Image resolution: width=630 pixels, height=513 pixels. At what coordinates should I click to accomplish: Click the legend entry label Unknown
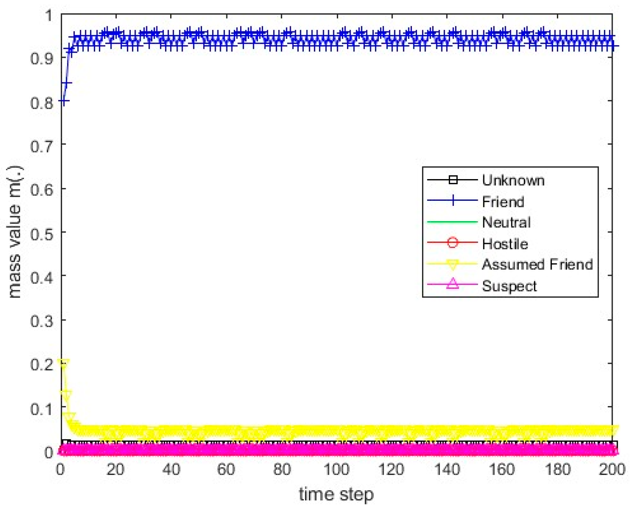coord(513,180)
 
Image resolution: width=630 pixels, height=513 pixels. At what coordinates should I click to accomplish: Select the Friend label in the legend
coord(503,202)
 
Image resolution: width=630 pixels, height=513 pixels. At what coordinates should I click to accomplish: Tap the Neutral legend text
coord(506,223)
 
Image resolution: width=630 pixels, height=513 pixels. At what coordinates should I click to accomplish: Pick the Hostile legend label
coord(505,244)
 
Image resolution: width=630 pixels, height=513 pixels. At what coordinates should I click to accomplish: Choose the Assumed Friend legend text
coord(537,265)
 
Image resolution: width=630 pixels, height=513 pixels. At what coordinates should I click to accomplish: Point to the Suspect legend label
coord(509,286)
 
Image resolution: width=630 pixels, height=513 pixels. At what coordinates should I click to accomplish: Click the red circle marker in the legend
coord(452,243)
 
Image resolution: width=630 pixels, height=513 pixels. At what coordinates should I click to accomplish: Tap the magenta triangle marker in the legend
coord(452,284)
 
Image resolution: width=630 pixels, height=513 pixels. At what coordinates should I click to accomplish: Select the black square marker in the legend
coord(453,180)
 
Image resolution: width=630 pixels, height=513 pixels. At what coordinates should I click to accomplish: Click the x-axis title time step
coord(336,495)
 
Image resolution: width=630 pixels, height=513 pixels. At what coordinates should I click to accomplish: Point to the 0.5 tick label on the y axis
coord(41,233)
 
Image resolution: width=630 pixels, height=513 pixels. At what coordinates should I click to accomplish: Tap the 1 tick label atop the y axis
coord(49,16)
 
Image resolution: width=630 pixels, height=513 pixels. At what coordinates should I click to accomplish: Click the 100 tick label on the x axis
coord(336,469)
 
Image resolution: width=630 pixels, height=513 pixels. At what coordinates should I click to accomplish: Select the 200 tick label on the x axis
coord(612,469)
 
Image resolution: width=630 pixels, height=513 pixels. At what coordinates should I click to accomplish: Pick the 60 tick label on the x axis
coord(226,469)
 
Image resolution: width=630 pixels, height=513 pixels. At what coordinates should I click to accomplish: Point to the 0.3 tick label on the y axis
coord(41,321)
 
